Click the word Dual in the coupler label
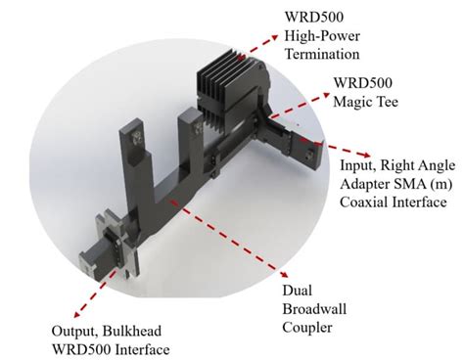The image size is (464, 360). [x=291, y=263]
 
